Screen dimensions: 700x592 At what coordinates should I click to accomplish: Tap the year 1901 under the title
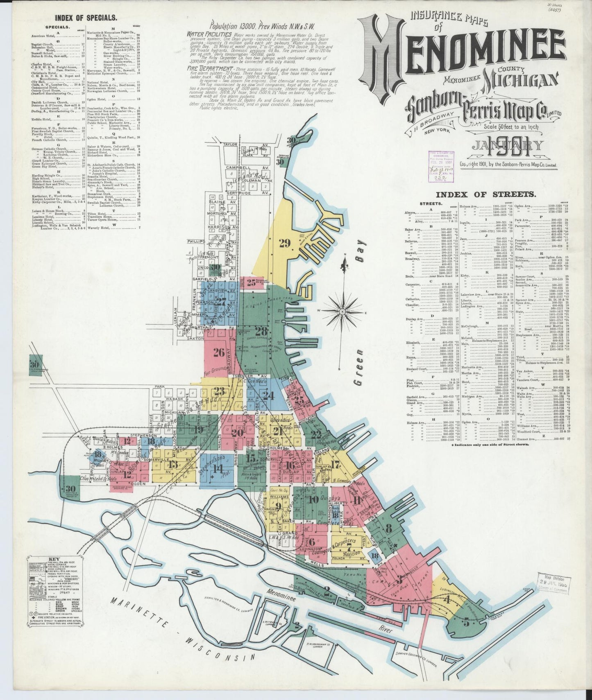click(x=508, y=150)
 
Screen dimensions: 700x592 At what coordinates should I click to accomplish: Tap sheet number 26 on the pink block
click(x=219, y=352)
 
